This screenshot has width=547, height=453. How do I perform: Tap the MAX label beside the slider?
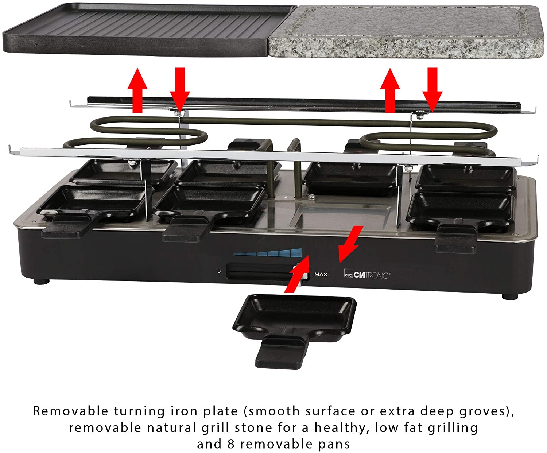321,275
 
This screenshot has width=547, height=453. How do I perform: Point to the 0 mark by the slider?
219,271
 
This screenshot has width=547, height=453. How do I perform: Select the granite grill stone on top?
406,31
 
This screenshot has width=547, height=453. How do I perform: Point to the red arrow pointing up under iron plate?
137,90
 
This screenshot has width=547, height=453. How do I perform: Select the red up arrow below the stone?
390,90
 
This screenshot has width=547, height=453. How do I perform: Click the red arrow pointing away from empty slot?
350,244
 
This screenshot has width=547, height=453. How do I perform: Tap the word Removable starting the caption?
70,411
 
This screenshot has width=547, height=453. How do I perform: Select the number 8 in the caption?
231,444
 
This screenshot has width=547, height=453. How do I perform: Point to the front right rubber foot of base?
510,297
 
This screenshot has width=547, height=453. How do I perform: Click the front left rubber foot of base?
42,281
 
